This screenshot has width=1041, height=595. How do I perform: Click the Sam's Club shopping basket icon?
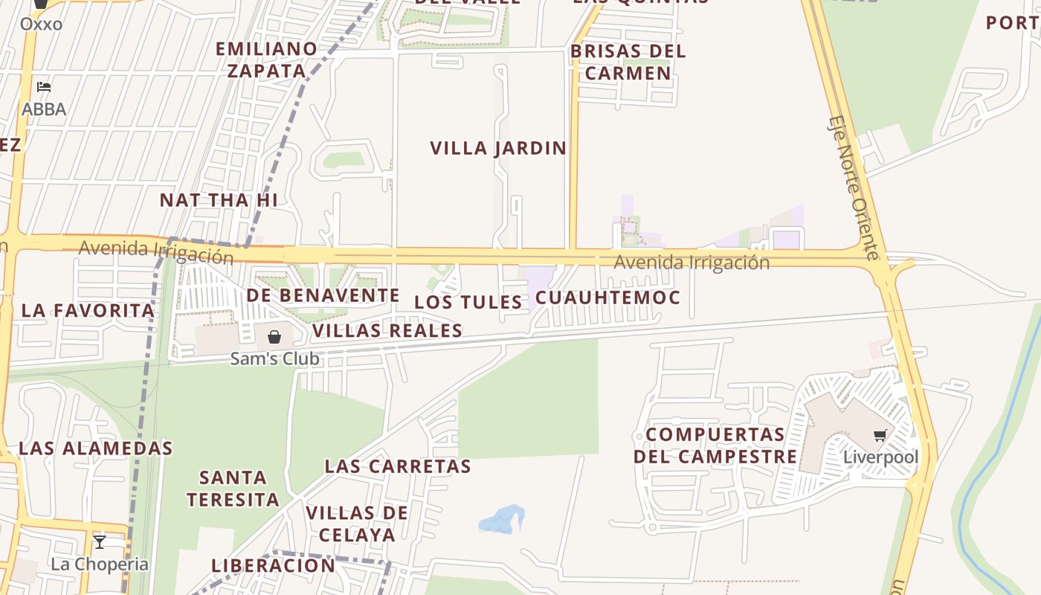click(x=274, y=337)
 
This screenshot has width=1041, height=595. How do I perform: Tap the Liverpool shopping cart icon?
click(x=880, y=435)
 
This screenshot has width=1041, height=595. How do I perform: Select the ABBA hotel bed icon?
click(x=44, y=88)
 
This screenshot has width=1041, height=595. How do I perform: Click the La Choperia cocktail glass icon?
click(x=100, y=541)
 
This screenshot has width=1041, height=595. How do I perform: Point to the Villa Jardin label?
click(x=498, y=148)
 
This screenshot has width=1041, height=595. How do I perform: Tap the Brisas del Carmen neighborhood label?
click(x=628, y=62)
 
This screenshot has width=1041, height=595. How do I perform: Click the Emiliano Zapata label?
click(x=266, y=59)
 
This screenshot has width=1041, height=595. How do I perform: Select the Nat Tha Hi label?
click(x=219, y=200)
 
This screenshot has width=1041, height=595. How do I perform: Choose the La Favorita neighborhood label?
click(x=88, y=310)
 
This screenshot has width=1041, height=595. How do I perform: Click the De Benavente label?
click(x=323, y=295)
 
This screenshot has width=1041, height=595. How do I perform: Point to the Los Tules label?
click(x=468, y=302)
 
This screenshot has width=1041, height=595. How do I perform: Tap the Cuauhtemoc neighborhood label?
click(x=607, y=297)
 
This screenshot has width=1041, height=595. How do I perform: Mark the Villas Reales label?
click(x=387, y=330)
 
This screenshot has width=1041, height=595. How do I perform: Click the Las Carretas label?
click(x=398, y=466)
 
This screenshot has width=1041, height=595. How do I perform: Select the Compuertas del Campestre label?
click(x=715, y=445)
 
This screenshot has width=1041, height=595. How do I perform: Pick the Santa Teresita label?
click(x=233, y=488)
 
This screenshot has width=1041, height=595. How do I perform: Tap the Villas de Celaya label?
click(x=357, y=523)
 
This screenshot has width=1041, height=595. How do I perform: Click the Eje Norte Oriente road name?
click(x=854, y=187)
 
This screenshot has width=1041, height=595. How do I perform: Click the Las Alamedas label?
click(x=95, y=448)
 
